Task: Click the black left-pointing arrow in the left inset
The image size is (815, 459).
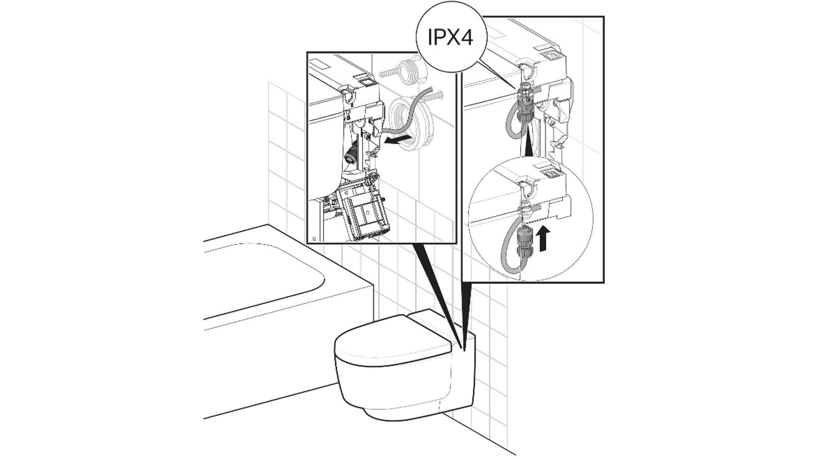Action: point(397,140)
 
